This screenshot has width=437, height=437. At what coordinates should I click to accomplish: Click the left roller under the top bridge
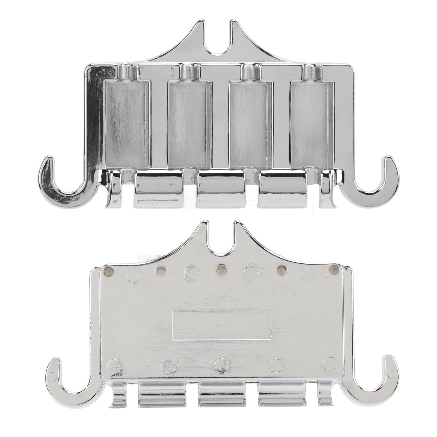tap(158, 188)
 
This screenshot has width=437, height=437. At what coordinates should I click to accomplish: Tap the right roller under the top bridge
tap(283, 188)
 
